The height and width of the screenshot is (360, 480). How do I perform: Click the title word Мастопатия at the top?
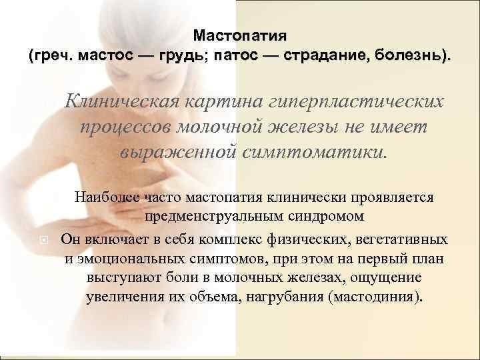coord(240,36)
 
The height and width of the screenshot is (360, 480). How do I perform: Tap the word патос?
coord(236,55)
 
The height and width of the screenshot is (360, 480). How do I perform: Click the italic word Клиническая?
coord(121,101)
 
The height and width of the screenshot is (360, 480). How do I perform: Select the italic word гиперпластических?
coord(356,102)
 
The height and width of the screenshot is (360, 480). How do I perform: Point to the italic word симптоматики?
coord(313,152)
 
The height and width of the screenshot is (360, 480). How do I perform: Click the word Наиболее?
coord(107,197)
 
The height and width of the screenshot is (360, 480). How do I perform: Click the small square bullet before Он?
coord(44,240)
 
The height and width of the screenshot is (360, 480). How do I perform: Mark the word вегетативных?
coord(401,239)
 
